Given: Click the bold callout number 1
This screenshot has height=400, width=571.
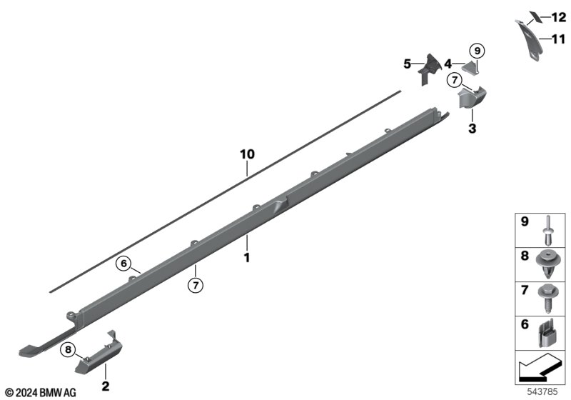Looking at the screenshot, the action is click(x=247, y=258).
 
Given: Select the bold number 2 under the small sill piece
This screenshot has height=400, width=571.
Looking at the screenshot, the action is click(x=105, y=386).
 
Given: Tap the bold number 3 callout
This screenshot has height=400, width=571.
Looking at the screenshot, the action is click(x=473, y=129).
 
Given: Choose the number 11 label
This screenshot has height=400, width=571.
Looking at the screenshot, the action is click(x=559, y=39).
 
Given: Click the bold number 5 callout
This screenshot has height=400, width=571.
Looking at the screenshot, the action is click(x=407, y=64).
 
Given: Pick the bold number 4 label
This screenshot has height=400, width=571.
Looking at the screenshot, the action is click(x=448, y=64).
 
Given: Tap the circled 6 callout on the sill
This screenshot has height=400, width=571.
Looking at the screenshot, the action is click(x=123, y=263).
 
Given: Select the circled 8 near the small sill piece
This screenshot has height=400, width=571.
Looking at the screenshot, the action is click(x=68, y=350).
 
